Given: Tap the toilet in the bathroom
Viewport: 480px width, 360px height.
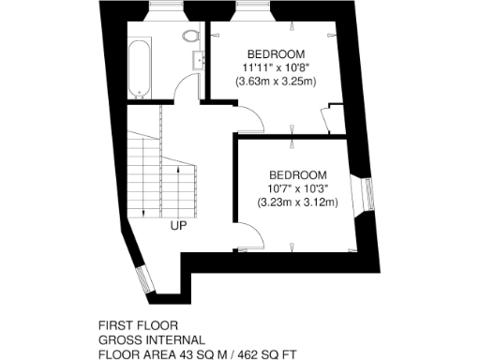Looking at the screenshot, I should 190,38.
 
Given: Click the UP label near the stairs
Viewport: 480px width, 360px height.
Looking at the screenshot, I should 178,225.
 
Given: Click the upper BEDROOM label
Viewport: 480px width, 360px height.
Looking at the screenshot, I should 275,53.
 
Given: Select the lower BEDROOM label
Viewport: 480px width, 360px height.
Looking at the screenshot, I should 297,175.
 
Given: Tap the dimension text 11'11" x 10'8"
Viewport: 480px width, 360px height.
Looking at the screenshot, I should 275,67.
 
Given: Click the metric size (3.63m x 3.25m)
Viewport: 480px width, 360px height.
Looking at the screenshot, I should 275,82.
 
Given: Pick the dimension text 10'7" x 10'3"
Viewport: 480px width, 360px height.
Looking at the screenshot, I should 297,188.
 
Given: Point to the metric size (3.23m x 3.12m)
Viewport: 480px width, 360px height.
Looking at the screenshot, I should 297,202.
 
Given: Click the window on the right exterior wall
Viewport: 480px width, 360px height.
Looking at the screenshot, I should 367,193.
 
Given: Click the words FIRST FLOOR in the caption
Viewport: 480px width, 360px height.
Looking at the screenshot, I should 131,325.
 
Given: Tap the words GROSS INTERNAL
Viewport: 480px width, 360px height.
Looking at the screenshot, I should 151,339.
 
